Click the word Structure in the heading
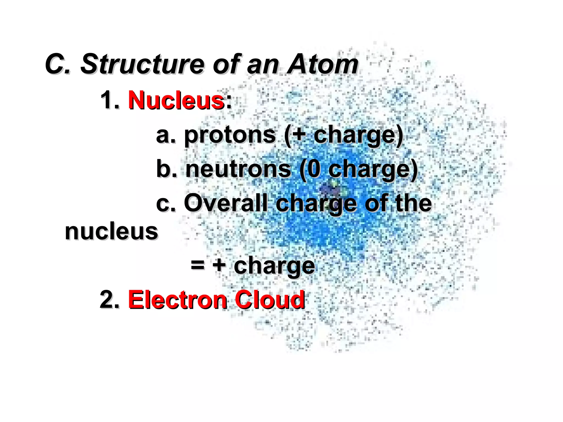point(142,65)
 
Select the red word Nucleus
point(176,100)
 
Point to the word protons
point(230,135)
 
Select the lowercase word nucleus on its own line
point(111,232)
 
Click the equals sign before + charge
point(198,265)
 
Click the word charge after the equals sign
point(274,266)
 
